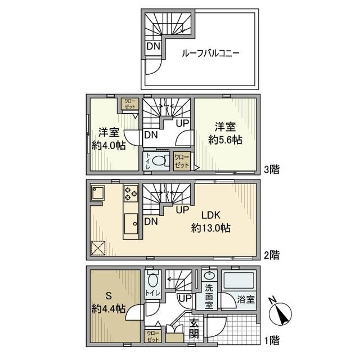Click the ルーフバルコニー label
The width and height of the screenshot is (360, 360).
210,53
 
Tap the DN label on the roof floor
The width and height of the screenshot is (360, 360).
153,47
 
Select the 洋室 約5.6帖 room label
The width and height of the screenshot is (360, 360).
225,133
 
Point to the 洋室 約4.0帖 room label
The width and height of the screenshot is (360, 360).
109,139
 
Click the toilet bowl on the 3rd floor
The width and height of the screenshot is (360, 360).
159,161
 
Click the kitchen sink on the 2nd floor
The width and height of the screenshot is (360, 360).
131,224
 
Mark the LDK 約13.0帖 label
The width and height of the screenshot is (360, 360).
211,222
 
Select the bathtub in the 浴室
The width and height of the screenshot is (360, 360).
238,279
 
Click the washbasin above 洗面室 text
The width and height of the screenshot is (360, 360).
209,275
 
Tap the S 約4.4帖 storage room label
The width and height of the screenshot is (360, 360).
109,302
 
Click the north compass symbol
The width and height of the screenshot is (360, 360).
280,313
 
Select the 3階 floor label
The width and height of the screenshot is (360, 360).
272,170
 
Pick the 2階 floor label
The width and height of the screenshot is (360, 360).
272,255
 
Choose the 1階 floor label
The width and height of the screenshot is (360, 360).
272,340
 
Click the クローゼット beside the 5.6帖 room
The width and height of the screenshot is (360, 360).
182,161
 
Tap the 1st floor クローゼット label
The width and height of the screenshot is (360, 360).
153,336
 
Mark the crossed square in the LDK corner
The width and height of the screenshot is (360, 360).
98,247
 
